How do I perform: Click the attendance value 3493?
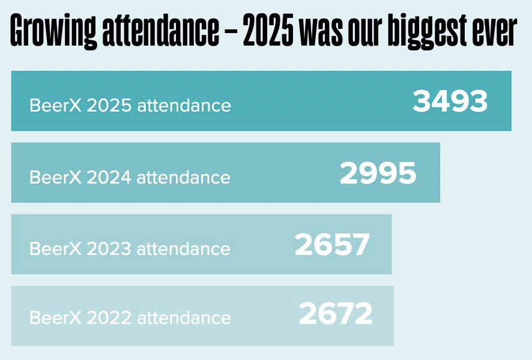click(450, 102)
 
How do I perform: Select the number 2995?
click(378, 174)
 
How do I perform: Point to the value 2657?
click(332, 245)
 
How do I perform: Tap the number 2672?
click(336, 314)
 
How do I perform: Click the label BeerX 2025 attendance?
click(130, 106)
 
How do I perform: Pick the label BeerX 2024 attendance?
click(130, 178)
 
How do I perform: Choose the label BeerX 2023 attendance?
click(130, 248)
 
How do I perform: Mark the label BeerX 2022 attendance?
click(130, 317)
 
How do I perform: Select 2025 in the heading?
click(268, 33)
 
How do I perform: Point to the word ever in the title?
click(494, 33)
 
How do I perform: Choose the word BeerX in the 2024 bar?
click(56, 178)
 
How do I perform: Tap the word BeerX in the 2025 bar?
click(56, 106)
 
